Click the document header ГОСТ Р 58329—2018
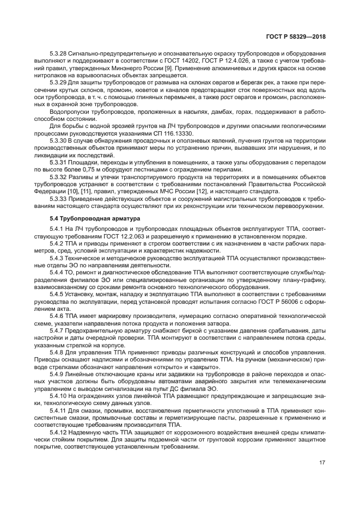pyautogui.click(x=295, y=36)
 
